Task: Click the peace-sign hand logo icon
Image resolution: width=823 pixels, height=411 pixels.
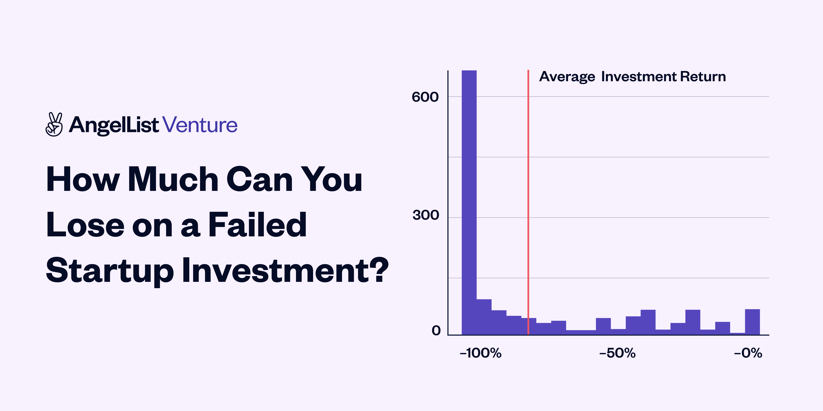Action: [54, 124]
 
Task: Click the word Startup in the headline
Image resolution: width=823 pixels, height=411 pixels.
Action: [110, 271]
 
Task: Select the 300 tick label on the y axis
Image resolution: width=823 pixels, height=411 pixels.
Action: [426, 215]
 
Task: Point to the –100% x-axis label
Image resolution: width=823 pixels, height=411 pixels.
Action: [480, 353]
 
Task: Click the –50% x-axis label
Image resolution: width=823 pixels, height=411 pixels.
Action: [617, 353]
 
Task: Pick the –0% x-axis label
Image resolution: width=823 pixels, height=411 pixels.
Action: [748, 353]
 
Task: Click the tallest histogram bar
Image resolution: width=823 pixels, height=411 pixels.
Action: [469, 201]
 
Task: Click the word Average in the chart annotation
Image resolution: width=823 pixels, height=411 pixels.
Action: [567, 77]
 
